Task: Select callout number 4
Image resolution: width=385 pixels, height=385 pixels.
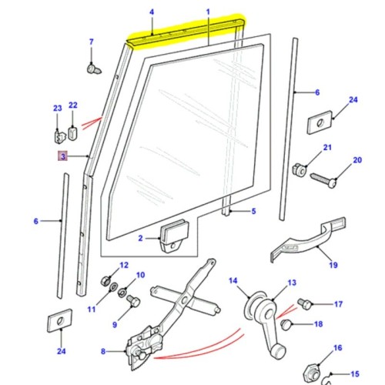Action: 152,12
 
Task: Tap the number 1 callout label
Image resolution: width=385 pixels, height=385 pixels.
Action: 209,12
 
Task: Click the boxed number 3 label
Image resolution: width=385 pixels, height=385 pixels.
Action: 62,157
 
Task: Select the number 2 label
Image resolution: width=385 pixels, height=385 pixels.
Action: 141,239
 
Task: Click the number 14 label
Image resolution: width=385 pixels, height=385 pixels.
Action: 233,280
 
